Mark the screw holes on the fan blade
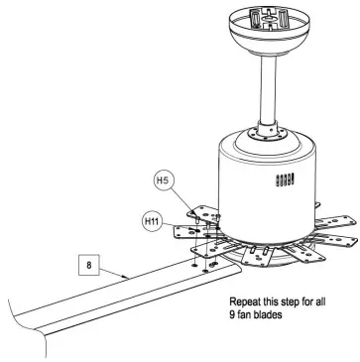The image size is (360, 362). coord(208,263)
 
